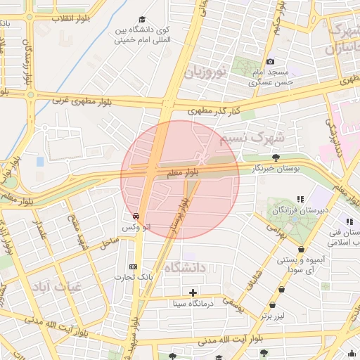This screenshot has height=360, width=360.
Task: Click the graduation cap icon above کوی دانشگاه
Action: pos(142,20)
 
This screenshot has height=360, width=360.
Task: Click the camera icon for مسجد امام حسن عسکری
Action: pos(270,61)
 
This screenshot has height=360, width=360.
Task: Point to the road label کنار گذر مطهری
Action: pos(214,111)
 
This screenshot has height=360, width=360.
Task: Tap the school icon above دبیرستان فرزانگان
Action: pos(300,200)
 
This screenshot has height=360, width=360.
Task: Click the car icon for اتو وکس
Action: pos(136,217)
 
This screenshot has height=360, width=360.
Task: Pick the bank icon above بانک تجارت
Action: pos(134,266)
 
